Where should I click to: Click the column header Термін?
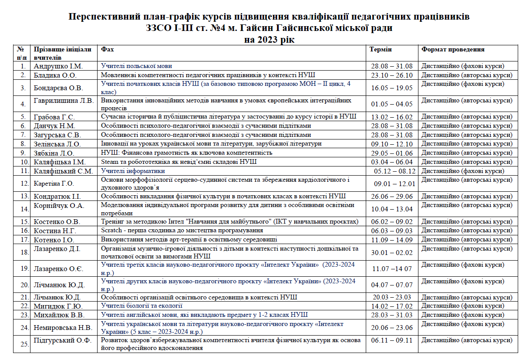click(x=381, y=49)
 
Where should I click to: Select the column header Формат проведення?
click(x=453, y=49)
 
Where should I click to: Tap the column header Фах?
click(x=108, y=49)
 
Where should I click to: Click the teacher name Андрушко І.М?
click(x=58, y=66)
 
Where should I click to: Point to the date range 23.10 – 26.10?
click(x=391, y=75)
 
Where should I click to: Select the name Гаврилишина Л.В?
click(x=64, y=101)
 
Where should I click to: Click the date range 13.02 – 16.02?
click(x=391, y=117)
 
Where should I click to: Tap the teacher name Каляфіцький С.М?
click(x=63, y=171)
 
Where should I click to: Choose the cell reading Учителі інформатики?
click(x=133, y=171)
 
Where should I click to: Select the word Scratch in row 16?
click(x=111, y=231)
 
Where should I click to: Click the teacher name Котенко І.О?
click(x=54, y=240)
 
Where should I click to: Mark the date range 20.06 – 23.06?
click(x=391, y=328)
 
